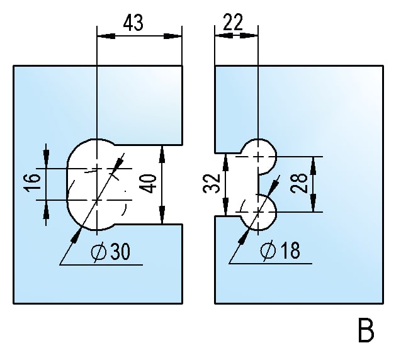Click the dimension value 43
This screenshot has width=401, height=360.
click(x=133, y=23)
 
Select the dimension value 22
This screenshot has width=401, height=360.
click(x=233, y=23)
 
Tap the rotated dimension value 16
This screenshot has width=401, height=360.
click(x=35, y=183)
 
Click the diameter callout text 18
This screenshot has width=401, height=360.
click(x=288, y=251)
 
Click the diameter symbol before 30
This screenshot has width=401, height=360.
click(x=98, y=252)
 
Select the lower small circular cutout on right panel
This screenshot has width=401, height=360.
click(x=259, y=213)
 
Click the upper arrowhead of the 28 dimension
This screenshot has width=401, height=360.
click(x=313, y=162)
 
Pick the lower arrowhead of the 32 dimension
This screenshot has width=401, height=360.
click(x=225, y=210)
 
